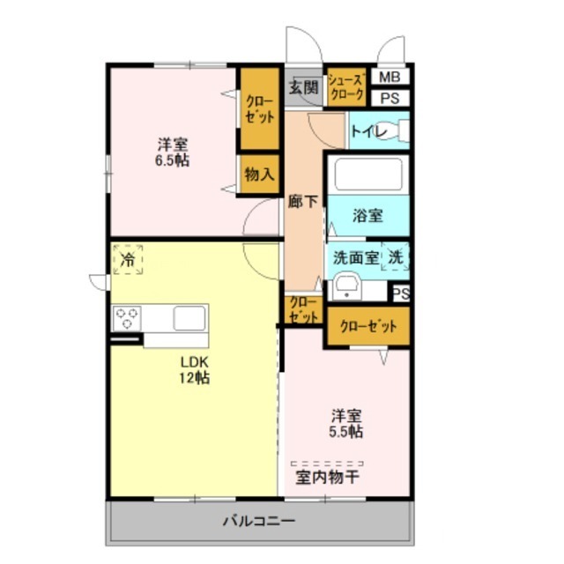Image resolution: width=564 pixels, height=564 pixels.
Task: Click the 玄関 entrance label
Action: point(303,86)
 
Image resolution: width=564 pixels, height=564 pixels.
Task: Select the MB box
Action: point(390,78)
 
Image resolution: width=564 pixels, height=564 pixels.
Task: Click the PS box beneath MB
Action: point(390,98)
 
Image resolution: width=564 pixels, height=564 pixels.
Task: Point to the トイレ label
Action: point(365,131)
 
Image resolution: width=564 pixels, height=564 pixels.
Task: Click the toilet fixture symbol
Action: point(398,131)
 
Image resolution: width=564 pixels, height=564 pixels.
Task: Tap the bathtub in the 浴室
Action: point(368,174)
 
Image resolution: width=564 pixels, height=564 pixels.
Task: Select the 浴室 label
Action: point(367,214)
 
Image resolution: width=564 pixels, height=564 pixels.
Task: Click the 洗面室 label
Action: point(356,258)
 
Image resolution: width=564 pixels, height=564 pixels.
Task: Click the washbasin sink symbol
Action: point(345,286)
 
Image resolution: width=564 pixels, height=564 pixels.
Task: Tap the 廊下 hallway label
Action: point(302,202)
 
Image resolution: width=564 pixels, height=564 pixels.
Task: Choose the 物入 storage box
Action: point(259,174)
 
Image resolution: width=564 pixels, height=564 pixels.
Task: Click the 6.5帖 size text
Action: point(173,161)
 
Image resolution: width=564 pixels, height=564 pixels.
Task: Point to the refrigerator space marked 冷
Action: point(129,259)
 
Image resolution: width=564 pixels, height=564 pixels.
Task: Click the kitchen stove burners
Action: point(127,316)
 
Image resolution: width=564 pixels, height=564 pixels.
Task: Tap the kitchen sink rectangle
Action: point(189,316)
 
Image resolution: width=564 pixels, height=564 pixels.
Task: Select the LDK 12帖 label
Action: point(195,369)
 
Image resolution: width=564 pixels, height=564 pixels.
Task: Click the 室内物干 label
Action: point(326,479)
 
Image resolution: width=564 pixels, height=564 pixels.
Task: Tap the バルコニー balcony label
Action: point(258,521)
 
